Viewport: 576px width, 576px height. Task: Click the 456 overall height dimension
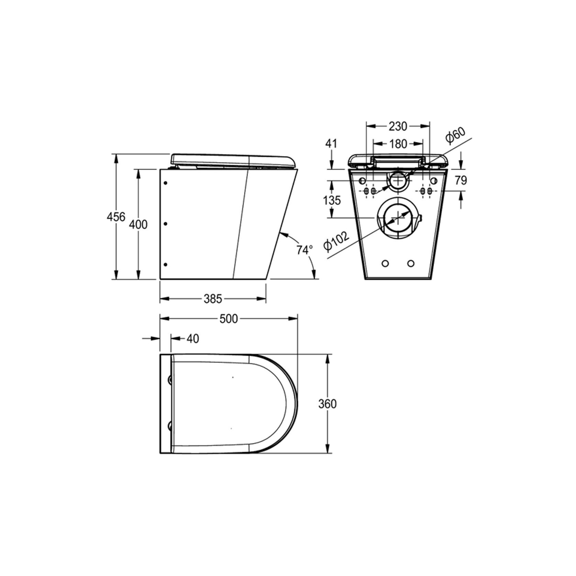(x=116, y=217)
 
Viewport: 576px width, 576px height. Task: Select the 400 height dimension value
(x=138, y=224)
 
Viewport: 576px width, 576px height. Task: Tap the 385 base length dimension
(x=213, y=299)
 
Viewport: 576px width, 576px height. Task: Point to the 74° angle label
(x=304, y=250)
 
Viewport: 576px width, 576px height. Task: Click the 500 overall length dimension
(x=229, y=319)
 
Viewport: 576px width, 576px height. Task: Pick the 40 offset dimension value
(x=193, y=339)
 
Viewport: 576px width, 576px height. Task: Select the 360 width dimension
(x=327, y=404)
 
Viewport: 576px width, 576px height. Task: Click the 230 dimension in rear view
(x=398, y=126)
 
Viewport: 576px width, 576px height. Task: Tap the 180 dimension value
(x=398, y=144)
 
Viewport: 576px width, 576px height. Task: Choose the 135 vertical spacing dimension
(x=332, y=200)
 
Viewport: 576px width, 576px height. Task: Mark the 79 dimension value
(x=461, y=180)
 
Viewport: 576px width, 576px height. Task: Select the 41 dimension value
(x=331, y=143)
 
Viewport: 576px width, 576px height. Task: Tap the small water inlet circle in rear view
(x=398, y=180)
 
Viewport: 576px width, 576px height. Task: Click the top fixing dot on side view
(x=165, y=183)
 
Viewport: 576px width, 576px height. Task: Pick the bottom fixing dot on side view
(x=165, y=264)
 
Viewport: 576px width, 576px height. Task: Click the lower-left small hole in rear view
(x=385, y=264)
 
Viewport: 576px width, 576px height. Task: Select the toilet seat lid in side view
(x=232, y=160)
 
